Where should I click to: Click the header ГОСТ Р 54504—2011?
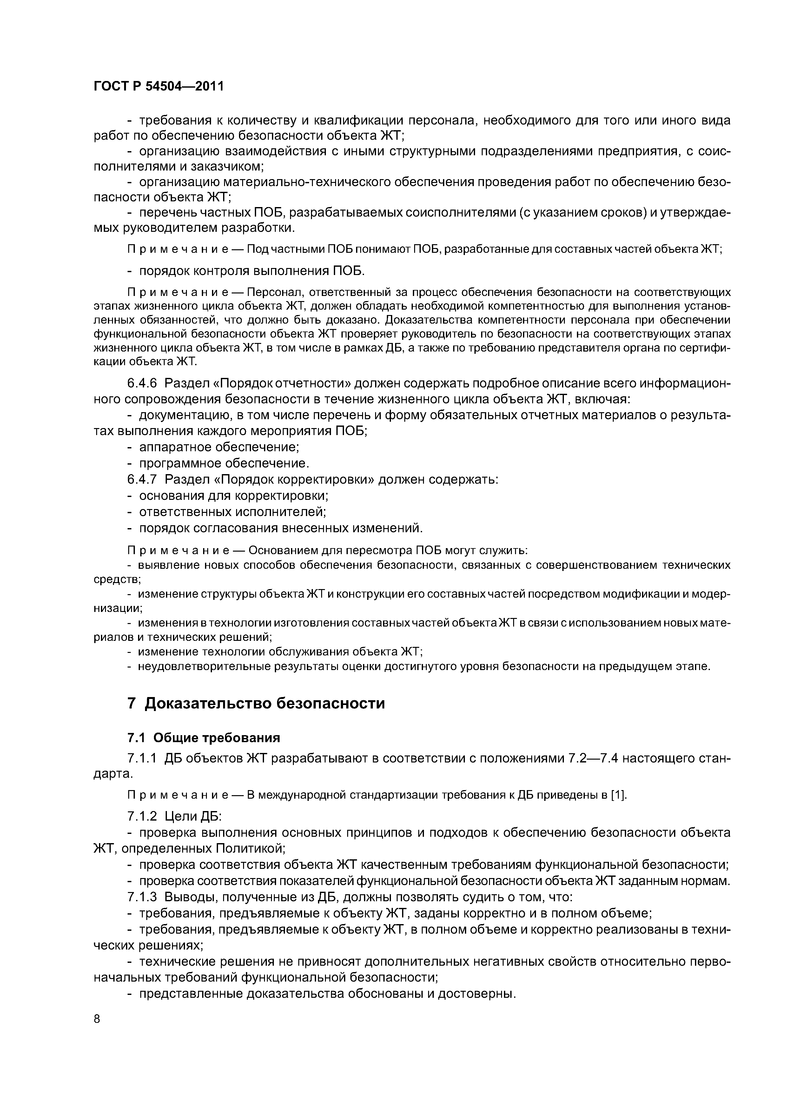pos(159,86)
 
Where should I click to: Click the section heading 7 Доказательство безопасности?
pos(256,702)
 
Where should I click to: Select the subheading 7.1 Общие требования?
pos(204,738)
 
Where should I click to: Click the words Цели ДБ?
pos(193,816)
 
